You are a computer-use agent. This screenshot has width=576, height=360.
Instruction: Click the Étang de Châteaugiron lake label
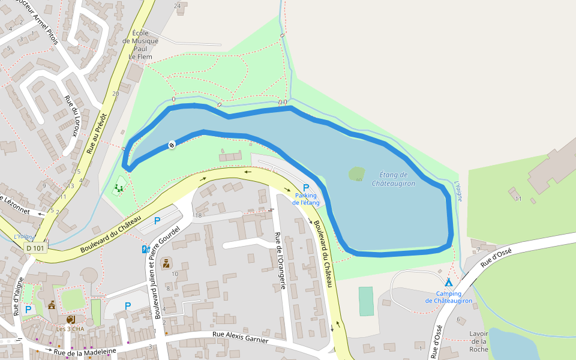pyautogui.click(x=394, y=179)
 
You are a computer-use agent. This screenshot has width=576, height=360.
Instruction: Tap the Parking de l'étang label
pyautogui.click(x=306, y=199)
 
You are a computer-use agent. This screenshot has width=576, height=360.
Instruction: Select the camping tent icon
pyautogui.click(x=448, y=282)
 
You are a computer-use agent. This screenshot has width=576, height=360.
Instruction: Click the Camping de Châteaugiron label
pyautogui.click(x=448, y=297)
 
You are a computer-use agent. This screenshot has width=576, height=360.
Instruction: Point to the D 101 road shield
pyautogui.click(x=35, y=248)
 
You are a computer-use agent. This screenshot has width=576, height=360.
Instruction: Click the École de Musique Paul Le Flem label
pyautogui.click(x=140, y=44)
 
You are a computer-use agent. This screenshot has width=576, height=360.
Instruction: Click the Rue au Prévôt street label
pyautogui.click(x=97, y=133)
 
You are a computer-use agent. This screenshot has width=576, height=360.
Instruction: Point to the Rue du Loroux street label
pyautogui.click(x=71, y=116)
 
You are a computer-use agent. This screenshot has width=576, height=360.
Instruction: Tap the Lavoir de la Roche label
pyautogui.click(x=479, y=341)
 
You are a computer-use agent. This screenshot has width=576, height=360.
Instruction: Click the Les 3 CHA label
pyautogui.click(x=70, y=329)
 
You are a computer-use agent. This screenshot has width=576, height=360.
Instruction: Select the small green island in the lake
pyautogui.click(x=356, y=173)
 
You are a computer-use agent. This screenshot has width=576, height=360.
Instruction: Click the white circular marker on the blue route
pyautogui.click(x=172, y=145)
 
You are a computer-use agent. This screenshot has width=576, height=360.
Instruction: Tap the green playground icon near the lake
pyautogui.click(x=119, y=188)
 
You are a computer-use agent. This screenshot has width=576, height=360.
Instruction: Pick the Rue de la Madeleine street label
pyautogui.click(x=84, y=351)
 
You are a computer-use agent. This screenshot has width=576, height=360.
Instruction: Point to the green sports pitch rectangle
pyautogui.click(x=366, y=301)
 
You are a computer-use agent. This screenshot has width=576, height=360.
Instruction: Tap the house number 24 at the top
pyautogui.click(x=177, y=6)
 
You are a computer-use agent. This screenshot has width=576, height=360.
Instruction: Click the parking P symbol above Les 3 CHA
pyautogui.click(x=28, y=310)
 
